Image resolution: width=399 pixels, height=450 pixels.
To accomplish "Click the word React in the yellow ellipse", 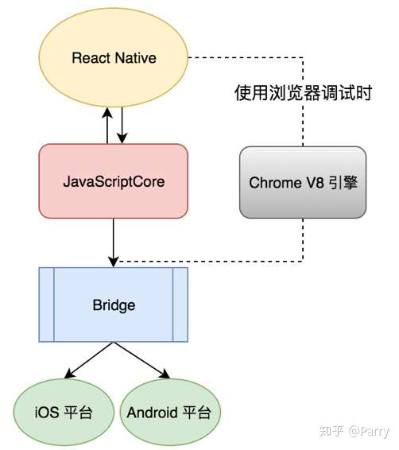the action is click(91, 58).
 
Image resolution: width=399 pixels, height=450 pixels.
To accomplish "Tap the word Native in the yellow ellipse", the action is click(135, 58).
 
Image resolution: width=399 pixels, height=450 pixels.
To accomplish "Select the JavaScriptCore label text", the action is click(114, 182).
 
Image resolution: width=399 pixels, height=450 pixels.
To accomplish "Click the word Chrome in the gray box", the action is click(275, 183).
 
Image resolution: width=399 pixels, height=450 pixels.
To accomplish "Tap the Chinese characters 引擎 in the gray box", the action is click(343, 183).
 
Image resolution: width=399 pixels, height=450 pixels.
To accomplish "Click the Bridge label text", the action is click(114, 305).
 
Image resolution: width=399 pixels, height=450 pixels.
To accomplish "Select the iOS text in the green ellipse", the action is click(47, 413).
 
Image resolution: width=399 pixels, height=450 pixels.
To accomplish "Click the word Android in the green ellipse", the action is click(152, 413).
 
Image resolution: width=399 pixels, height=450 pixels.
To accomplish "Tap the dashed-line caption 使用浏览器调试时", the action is click(303, 93).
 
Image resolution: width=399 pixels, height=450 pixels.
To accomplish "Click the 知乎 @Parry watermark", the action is click(354, 431).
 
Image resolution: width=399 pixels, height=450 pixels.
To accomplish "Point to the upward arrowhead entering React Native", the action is click(107, 113).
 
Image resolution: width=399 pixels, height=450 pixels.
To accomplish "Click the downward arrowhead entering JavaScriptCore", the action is click(122, 138).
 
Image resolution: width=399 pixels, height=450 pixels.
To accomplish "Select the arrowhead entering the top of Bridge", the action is click(114, 262).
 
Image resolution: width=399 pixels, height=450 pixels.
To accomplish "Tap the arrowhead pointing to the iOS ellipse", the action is click(70, 374).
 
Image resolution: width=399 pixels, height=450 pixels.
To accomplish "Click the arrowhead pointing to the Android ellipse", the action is click(165, 374).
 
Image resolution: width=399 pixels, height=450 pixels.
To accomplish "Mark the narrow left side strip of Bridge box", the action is click(46, 305).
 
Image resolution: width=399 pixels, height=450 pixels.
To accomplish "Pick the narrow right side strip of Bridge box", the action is click(180, 305).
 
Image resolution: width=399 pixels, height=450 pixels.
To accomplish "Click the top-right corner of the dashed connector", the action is click(303, 57).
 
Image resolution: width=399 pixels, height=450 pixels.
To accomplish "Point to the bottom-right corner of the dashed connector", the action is click(303, 261).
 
